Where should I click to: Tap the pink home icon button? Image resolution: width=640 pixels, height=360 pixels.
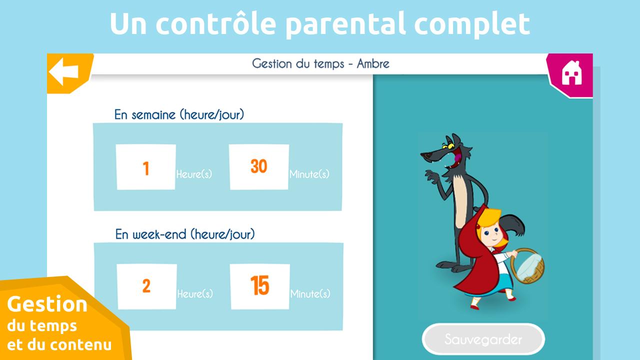(570, 75)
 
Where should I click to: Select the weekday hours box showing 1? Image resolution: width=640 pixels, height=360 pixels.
(145, 167)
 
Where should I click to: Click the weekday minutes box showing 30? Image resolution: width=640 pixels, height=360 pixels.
(259, 167)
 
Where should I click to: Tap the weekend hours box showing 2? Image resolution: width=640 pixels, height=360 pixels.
(146, 286)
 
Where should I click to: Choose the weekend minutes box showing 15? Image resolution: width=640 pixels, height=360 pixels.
(260, 286)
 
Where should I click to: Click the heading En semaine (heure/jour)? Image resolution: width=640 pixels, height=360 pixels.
(179, 114)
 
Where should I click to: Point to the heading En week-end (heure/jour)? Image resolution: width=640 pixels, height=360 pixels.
(185, 234)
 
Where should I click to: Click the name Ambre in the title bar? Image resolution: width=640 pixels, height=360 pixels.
(373, 63)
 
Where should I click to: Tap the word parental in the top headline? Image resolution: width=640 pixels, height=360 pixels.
(345, 24)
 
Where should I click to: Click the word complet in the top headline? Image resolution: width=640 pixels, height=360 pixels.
(472, 24)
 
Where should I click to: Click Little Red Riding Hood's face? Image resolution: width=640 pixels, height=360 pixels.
(491, 235)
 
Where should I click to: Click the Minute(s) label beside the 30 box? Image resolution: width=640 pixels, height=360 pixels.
(309, 174)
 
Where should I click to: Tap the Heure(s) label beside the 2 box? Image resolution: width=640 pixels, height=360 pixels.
(195, 293)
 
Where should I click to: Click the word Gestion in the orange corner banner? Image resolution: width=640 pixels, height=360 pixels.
(47, 305)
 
